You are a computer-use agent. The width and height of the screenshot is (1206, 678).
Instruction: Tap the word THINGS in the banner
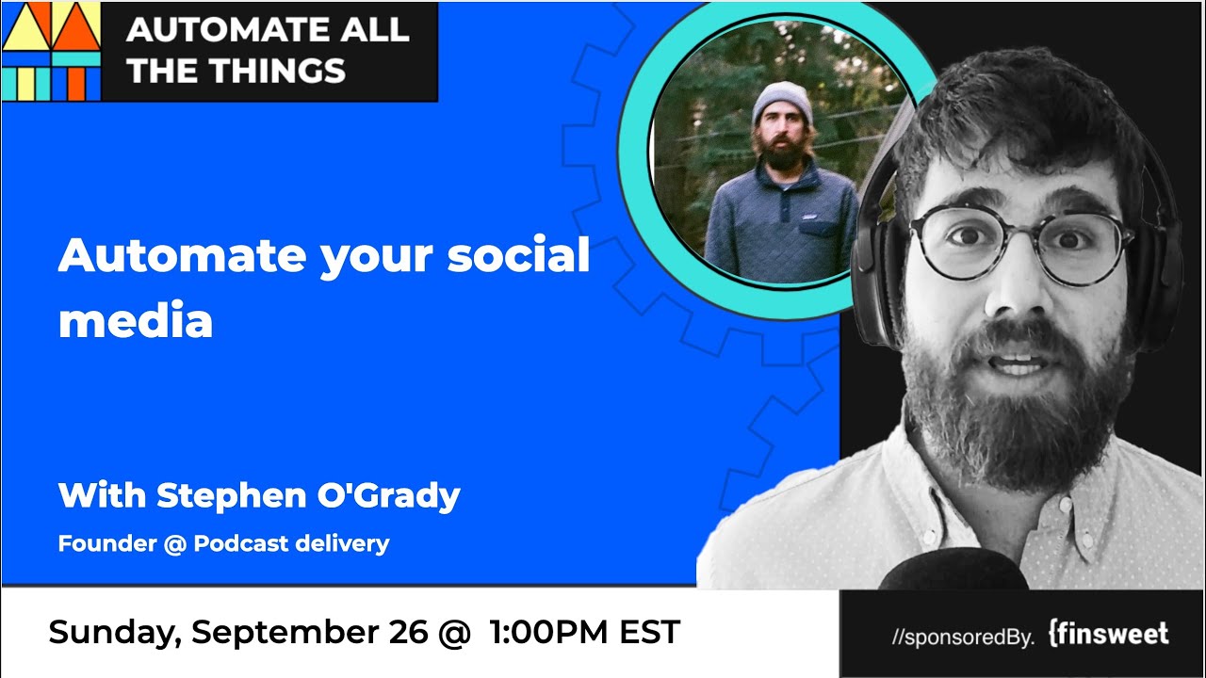277,71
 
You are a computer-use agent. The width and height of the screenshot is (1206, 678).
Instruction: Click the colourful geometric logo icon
51,52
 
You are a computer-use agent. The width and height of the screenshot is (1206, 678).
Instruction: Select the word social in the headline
518,254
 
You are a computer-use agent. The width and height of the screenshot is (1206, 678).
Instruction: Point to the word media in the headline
136,319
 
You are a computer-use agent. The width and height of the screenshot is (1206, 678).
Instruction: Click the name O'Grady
388,495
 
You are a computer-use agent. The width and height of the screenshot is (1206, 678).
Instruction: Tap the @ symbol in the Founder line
174,544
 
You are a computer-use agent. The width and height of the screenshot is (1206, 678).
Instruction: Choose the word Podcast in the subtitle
240,543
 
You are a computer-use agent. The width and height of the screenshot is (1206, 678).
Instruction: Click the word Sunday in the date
115,632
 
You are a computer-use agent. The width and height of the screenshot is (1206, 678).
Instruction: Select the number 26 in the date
408,632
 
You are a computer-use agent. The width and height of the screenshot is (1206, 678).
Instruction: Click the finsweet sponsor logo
1109,634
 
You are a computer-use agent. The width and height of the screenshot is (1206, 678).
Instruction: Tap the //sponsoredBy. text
963,638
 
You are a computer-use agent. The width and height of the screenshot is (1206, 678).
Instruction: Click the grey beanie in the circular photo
782,104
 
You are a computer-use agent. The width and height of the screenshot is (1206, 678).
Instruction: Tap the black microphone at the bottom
953,570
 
